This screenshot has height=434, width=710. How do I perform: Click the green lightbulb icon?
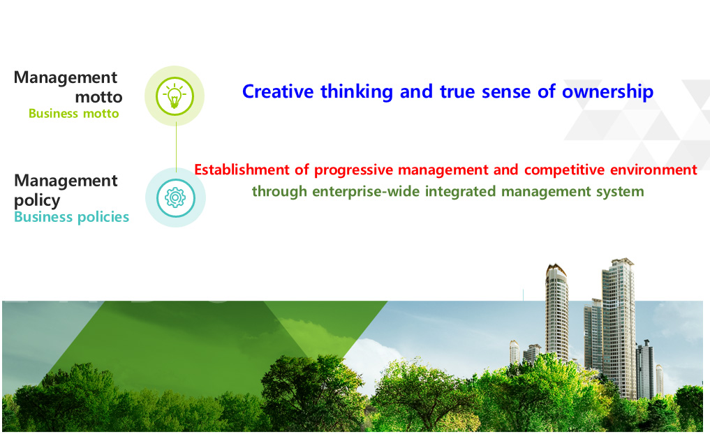(x=175, y=96)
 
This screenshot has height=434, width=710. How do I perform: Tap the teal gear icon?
(x=175, y=197)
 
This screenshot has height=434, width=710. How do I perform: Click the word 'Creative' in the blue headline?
(x=278, y=91)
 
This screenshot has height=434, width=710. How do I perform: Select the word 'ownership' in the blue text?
(x=607, y=92)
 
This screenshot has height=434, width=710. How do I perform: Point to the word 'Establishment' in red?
(x=242, y=170)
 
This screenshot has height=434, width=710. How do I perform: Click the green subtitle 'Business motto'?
(x=74, y=113)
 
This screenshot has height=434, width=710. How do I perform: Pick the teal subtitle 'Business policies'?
(x=71, y=217)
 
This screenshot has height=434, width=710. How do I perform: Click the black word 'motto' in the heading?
(x=98, y=97)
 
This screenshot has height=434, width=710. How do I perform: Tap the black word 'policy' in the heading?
(x=37, y=200)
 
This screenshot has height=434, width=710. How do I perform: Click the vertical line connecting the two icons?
(x=176, y=147)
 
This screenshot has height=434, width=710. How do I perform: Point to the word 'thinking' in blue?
(x=357, y=92)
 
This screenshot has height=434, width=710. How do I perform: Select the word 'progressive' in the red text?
(x=354, y=170)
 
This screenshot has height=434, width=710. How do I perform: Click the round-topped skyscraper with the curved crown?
(x=556, y=313)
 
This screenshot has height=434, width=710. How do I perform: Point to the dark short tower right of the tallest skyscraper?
(x=645, y=369)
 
